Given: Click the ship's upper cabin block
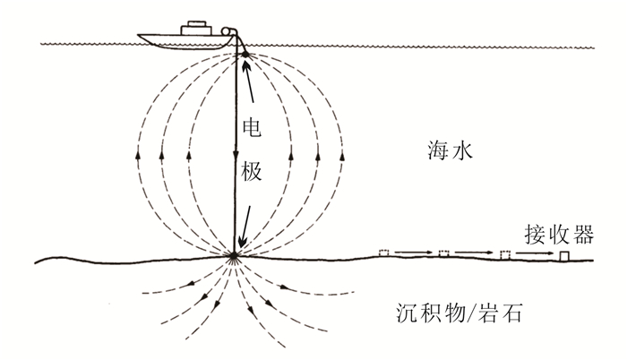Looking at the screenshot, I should point(193,28).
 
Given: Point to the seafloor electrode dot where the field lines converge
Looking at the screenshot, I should point(235,258).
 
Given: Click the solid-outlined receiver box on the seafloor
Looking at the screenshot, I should point(565,256).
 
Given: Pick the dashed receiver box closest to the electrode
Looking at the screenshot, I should point(385,253).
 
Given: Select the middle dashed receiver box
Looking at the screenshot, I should point(443,254).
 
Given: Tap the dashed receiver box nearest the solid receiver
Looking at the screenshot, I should point(504,255).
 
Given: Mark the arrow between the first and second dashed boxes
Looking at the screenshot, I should point(414,253).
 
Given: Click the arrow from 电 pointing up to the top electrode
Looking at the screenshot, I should point(249,85).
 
